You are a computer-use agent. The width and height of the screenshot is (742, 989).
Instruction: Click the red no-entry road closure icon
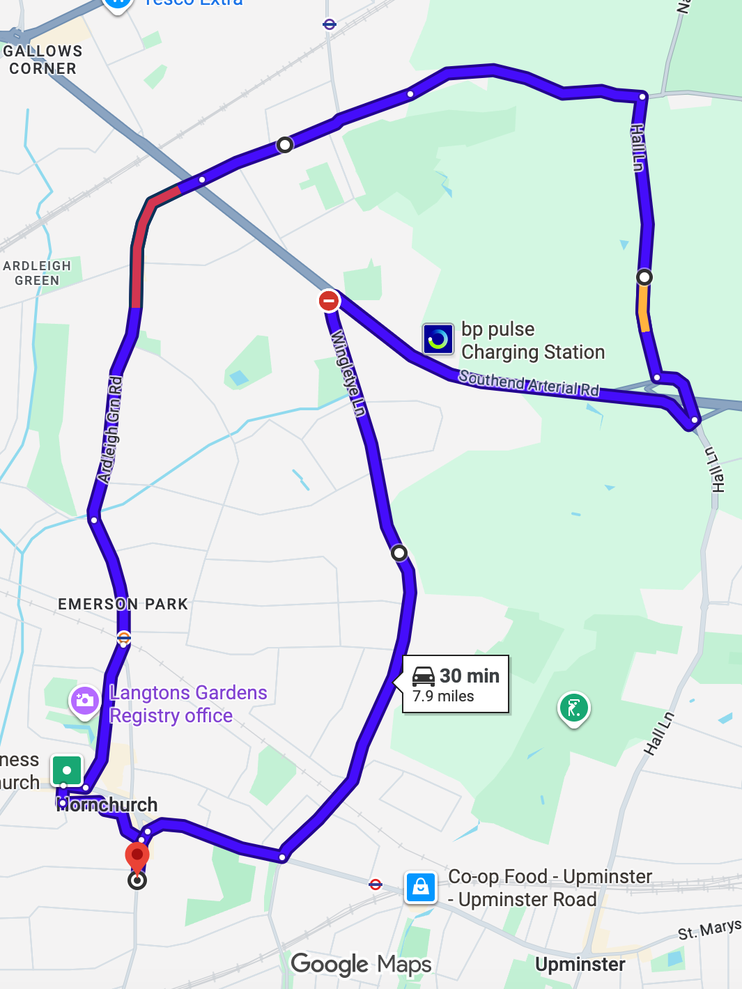[329, 301]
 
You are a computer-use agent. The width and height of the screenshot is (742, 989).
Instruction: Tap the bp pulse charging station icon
[438, 339]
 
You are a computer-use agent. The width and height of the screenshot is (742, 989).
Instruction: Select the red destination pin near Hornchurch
[137, 856]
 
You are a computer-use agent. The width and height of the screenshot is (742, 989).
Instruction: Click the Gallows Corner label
[42, 60]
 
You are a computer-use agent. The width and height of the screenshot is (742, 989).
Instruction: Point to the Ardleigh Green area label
[37, 273]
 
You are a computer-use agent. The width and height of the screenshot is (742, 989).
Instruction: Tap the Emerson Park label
[123, 604]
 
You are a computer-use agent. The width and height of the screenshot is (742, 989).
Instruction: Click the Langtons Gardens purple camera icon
[84, 701]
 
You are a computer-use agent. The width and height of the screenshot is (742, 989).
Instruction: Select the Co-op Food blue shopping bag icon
[421, 887]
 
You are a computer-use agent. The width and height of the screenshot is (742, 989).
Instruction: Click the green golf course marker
[574, 708]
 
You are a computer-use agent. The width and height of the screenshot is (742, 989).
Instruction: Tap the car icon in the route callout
[424, 676]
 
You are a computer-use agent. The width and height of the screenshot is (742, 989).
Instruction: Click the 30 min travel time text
[470, 676]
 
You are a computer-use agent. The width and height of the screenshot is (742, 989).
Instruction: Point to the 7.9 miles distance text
[443, 696]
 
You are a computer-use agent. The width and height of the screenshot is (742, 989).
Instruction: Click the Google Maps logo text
[361, 965]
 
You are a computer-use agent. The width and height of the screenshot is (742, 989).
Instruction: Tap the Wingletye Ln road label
[348, 373]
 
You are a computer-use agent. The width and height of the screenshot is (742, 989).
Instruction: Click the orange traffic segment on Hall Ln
[644, 309]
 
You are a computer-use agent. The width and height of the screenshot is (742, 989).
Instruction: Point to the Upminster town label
[580, 965]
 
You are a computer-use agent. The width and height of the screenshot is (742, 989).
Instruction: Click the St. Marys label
[709, 930]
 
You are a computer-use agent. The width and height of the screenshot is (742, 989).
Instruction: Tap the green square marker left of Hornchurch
[67, 771]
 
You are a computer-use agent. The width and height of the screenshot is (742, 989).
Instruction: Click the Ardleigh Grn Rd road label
[110, 430]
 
